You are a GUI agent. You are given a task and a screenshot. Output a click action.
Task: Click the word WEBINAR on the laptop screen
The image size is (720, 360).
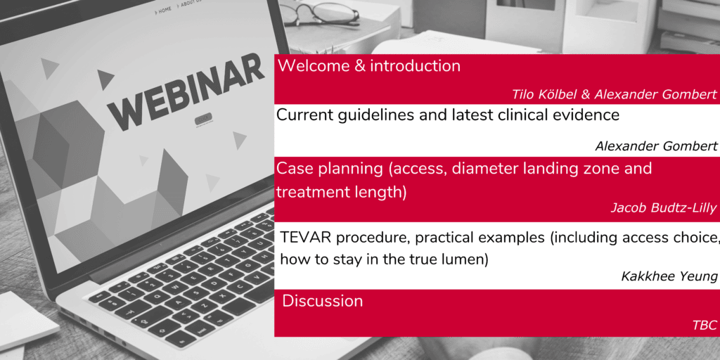(x=186, y=92)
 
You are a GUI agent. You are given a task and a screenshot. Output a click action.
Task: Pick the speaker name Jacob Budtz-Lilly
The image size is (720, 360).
(x=664, y=207)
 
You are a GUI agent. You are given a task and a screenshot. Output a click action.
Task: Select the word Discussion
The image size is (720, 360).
(x=322, y=301)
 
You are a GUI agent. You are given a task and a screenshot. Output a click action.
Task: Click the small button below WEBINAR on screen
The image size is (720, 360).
(x=203, y=119)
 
